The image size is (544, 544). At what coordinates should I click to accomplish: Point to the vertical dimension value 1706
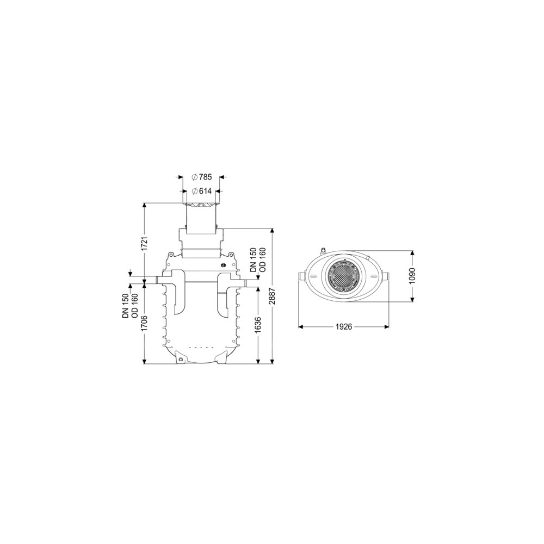click(x=145, y=323)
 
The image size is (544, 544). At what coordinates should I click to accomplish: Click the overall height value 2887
click(x=273, y=296)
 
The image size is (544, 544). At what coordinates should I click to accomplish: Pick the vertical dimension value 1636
click(x=258, y=325)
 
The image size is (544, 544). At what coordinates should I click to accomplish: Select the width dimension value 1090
click(x=412, y=276)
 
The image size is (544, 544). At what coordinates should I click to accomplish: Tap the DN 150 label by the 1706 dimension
click(x=126, y=306)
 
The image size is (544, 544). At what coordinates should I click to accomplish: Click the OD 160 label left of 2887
click(x=263, y=260)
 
